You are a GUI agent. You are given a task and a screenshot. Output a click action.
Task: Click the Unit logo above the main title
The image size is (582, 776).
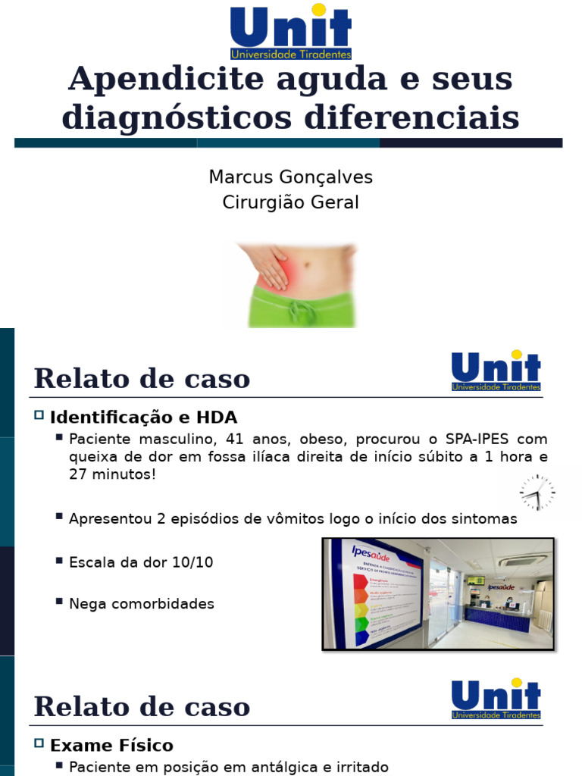[x=291, y=31]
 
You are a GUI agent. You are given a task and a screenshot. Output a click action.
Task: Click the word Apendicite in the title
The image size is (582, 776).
[x=167, y=79]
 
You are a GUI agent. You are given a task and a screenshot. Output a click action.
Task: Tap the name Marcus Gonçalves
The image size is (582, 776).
[x=291, y=177]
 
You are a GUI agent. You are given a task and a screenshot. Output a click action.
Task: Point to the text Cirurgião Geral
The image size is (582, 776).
[x=291, y=203]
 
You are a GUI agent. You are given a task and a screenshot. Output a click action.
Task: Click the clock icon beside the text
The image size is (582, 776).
[x=537, y=493]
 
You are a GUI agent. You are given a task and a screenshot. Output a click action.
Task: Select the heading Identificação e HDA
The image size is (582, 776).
[x=143, y=418]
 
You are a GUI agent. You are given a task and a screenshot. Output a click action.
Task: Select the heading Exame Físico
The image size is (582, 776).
[x=111, y=745]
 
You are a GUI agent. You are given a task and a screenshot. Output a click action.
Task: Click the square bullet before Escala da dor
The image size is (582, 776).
[x=59, y=560]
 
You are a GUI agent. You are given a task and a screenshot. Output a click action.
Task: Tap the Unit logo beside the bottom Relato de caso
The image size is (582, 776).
[x=496, y=698]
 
